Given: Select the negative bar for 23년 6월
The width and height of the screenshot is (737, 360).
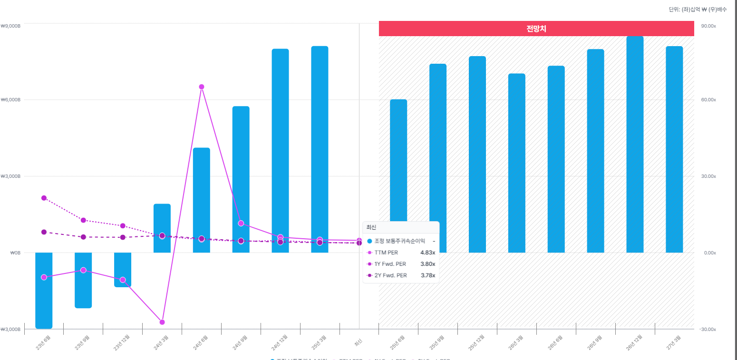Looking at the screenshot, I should click(x=44, y=291).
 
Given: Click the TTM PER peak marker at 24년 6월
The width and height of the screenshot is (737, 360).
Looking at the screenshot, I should click(x=202, y=87).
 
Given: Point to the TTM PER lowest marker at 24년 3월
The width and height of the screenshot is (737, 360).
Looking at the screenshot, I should click(x=162, y=322).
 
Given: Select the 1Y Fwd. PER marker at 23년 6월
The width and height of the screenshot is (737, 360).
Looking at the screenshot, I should click(x=44, y=198).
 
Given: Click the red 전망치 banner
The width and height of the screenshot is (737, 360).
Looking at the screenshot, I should click(x=536, y=29).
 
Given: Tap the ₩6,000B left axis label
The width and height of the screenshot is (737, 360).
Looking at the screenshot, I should click(x=11, y=100).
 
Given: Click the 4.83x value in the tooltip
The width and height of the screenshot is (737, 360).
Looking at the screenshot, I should click(x=427, y=253).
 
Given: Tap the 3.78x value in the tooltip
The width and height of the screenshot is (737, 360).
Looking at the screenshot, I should click(x=427, y=275).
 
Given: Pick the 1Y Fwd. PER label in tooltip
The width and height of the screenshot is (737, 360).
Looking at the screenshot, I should click(x=390, y=264).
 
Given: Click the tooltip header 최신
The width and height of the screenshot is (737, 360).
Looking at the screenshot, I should click(x=371, y=227).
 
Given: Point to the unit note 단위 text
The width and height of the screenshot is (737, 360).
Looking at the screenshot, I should click(x=698, y=10).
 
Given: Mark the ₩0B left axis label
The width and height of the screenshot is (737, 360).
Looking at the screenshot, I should click(x=16, y=253).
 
